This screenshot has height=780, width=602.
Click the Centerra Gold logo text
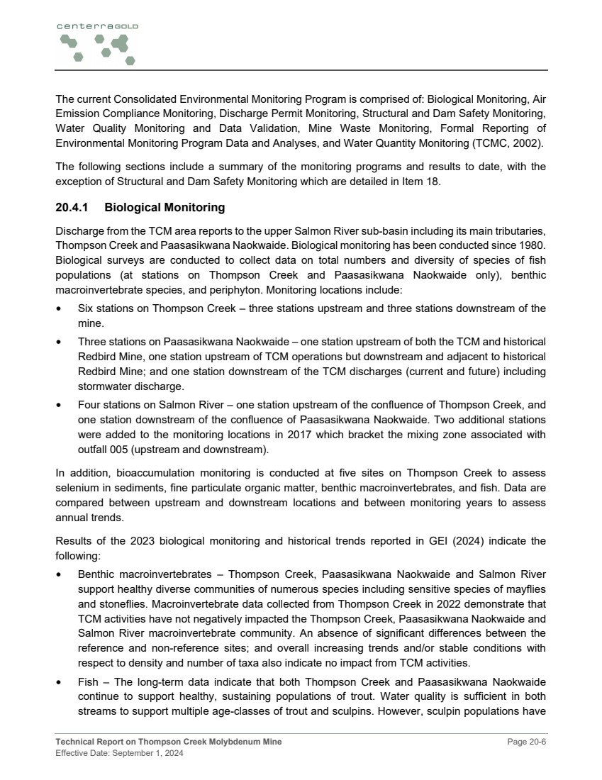coord(97,26)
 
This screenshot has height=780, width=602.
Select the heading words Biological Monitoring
coord(165,208)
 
